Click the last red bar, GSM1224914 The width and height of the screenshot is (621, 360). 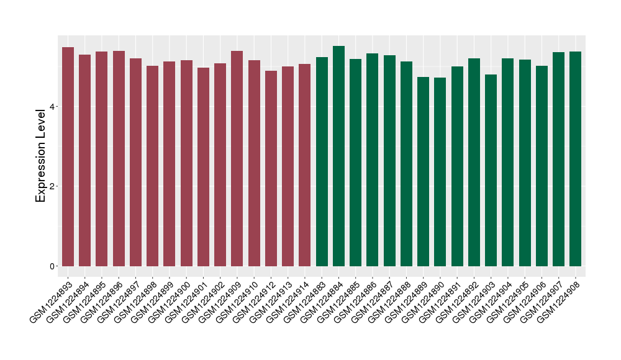[305, 165]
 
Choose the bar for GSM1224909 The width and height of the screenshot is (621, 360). [237, 158]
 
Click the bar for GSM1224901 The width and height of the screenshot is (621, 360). [203, 167]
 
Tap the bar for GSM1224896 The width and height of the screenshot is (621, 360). [119, 158]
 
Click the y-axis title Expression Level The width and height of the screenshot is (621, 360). [41, 155]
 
